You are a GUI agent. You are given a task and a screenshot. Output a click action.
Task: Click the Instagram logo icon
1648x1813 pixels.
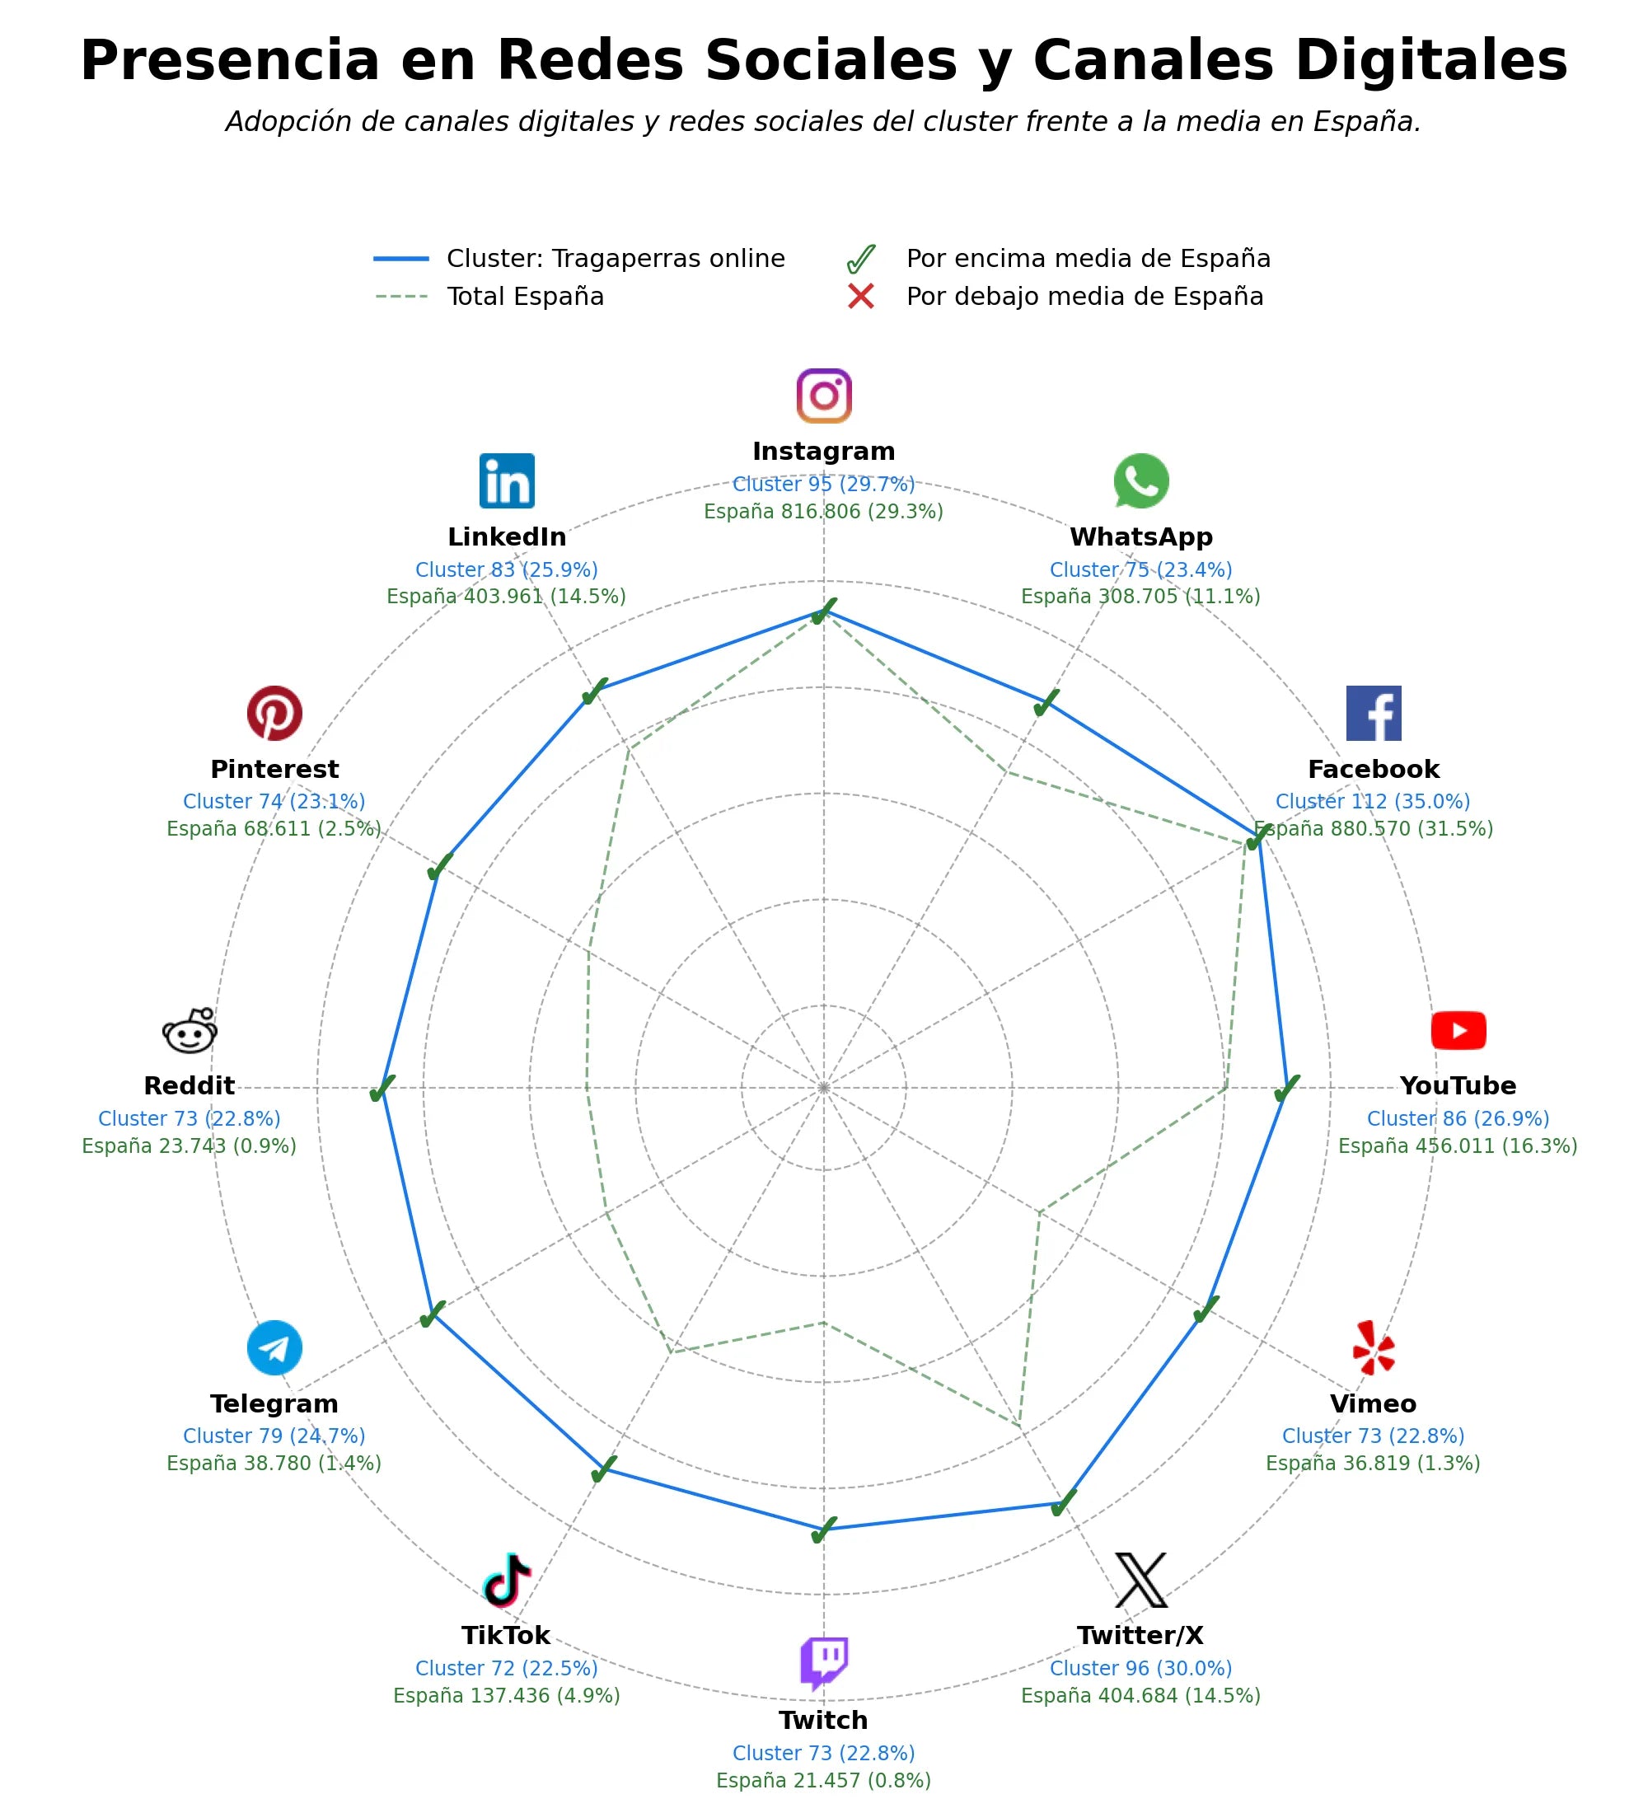point(823,396)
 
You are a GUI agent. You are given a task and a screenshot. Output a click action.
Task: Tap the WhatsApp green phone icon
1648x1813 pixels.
point(1141,481)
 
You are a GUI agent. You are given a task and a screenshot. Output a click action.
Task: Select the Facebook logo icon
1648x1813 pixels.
point(1373,713)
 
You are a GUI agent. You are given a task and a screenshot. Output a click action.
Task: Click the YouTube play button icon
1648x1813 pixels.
point(1458,1031)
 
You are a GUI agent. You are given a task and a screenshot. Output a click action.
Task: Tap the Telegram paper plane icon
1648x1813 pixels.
point(274,1348)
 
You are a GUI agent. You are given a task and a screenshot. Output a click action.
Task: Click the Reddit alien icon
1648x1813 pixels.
point(190,1031)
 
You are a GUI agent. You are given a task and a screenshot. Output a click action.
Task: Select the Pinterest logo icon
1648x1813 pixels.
point(274,713)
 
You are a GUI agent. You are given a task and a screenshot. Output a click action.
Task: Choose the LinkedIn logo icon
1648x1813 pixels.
point(507,481)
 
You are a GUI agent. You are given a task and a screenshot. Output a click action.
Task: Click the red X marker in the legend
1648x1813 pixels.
point(860,297)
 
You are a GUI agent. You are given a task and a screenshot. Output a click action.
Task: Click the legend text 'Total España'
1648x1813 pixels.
point(525,297)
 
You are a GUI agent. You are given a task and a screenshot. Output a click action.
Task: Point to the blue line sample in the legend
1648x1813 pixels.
point(401,259)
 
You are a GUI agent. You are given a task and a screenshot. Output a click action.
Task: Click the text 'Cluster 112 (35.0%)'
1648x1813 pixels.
point(1373,801)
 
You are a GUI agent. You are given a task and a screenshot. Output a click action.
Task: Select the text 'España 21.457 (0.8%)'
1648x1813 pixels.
point(823,1781)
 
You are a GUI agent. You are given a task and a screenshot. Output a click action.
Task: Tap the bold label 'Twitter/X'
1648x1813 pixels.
point(1140,1635)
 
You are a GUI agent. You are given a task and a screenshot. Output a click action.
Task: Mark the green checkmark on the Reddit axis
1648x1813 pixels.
point(383,1088)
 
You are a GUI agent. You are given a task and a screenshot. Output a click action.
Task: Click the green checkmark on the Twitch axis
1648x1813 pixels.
point(823,1530)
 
